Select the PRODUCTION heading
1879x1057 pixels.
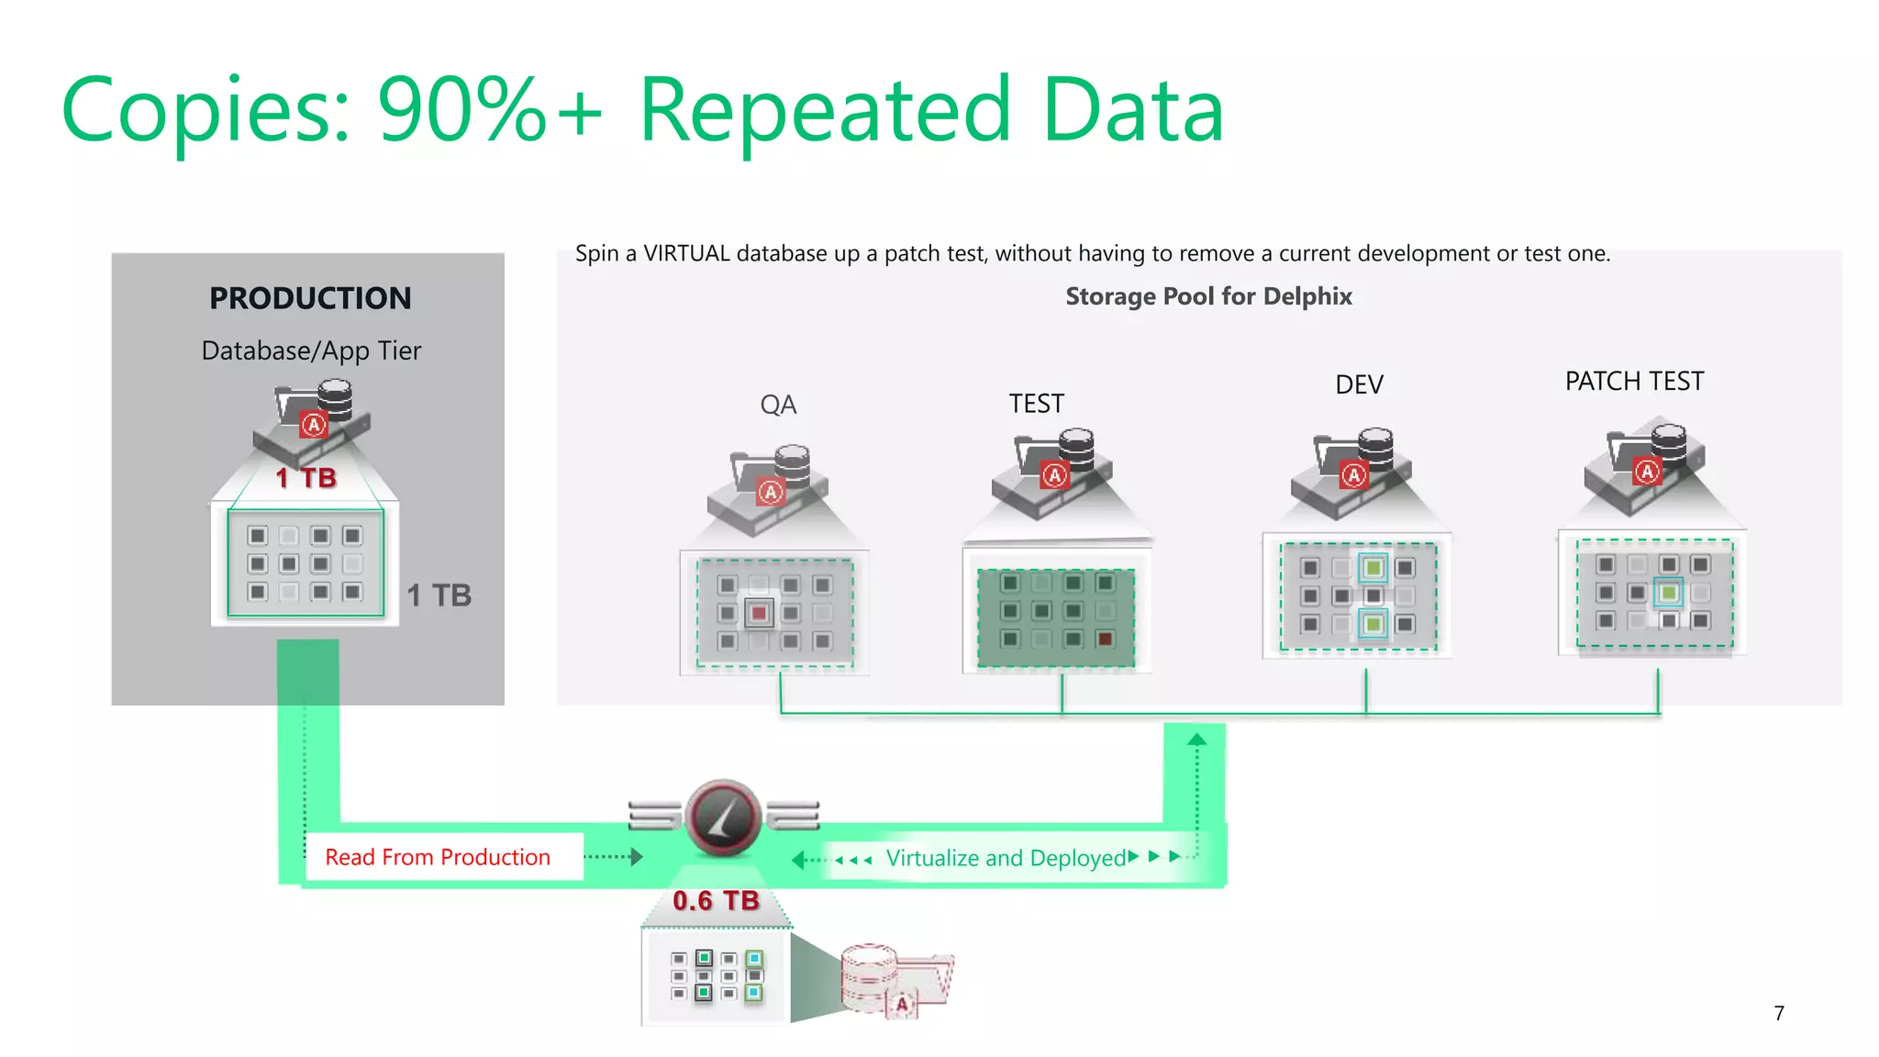coord(310,298)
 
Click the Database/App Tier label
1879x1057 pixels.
coord(311,350)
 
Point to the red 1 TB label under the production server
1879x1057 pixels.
coord(306,478)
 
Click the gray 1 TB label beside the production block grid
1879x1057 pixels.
coord(439,595)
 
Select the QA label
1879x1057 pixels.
coord(778,405)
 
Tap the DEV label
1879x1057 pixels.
coord(1359,384)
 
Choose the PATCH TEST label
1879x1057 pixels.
coord(1634,381)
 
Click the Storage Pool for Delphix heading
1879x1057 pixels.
coord(1208,296)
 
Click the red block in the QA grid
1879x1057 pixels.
coord(759,613)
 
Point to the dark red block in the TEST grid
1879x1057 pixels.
coord(1106,639)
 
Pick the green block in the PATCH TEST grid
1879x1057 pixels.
coord(1668,593)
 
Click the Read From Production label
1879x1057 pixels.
coord(438,857)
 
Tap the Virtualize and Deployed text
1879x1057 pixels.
coord(1006,858)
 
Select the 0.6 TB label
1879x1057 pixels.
coord(716,901)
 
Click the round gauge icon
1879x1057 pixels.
coord(723,817)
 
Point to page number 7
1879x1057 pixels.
coord(1779,1013)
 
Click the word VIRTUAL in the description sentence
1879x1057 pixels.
coord(686,253)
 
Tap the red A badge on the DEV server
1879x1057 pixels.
coord(1353,475)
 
